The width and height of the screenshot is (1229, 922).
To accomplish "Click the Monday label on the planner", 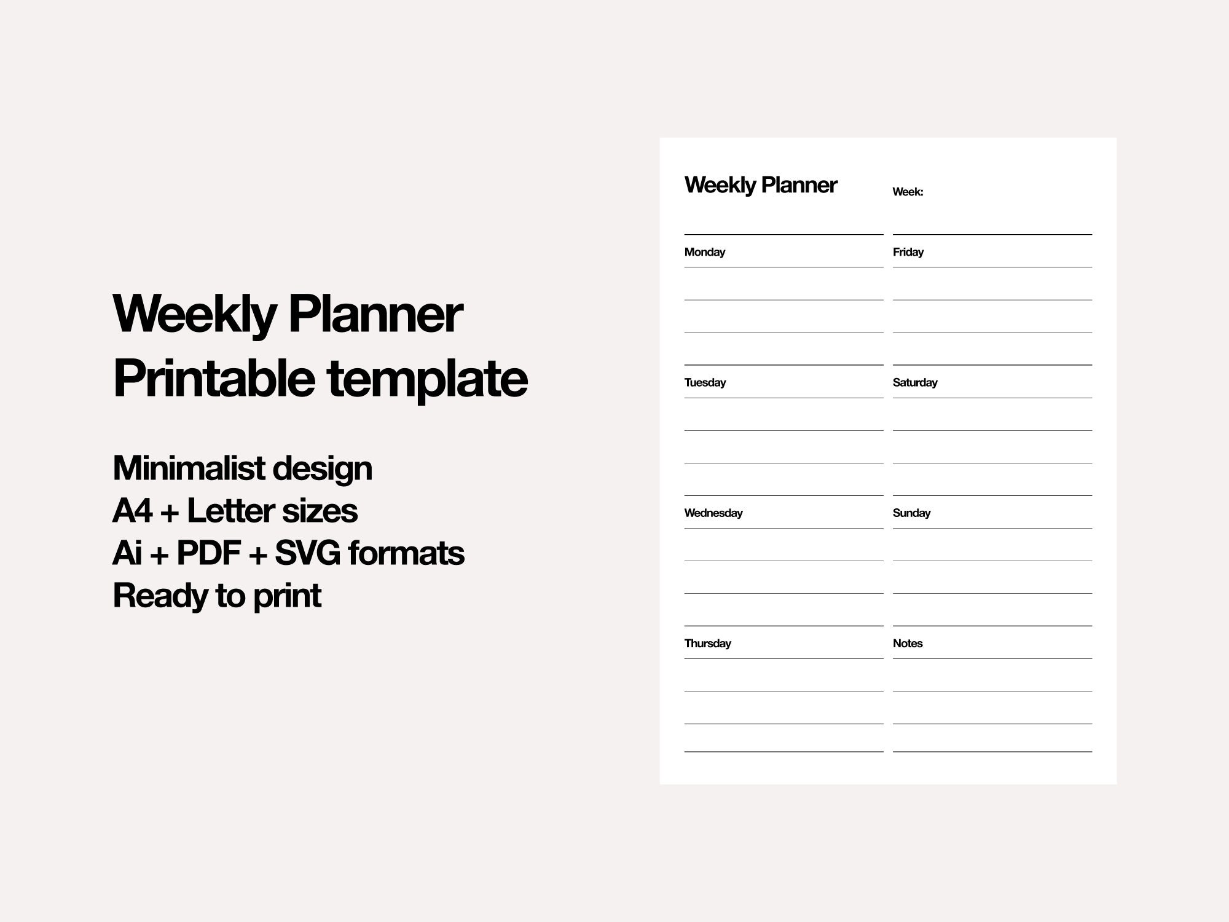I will (x=704, y=252).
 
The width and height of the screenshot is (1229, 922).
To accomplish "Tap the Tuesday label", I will (x=705, y=382).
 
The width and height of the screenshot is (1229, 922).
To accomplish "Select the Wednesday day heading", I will (x=713, y=513).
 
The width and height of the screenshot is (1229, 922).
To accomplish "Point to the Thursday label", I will (x=707, y=644).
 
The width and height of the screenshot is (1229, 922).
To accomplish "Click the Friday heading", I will (x=908, y=252).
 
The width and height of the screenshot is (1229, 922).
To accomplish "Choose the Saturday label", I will (x=914, y=382).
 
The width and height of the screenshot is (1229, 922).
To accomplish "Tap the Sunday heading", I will (x=911, y=513).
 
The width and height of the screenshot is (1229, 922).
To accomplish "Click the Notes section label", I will (x=907, y=644).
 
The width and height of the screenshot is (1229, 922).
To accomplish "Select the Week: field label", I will (x=908, y=192).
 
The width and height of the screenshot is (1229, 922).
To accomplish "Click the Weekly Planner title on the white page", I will (x=760, y=185).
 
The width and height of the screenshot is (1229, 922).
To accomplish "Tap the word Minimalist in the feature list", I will (x=189, y=468).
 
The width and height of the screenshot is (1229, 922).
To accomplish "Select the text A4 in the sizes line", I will (x=132, y=511).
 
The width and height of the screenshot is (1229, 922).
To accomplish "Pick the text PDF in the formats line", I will (x=208, y=553).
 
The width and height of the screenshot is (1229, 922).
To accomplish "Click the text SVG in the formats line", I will (x=307, y=553).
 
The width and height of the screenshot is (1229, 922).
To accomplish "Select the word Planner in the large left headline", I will (x=375, y=315).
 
